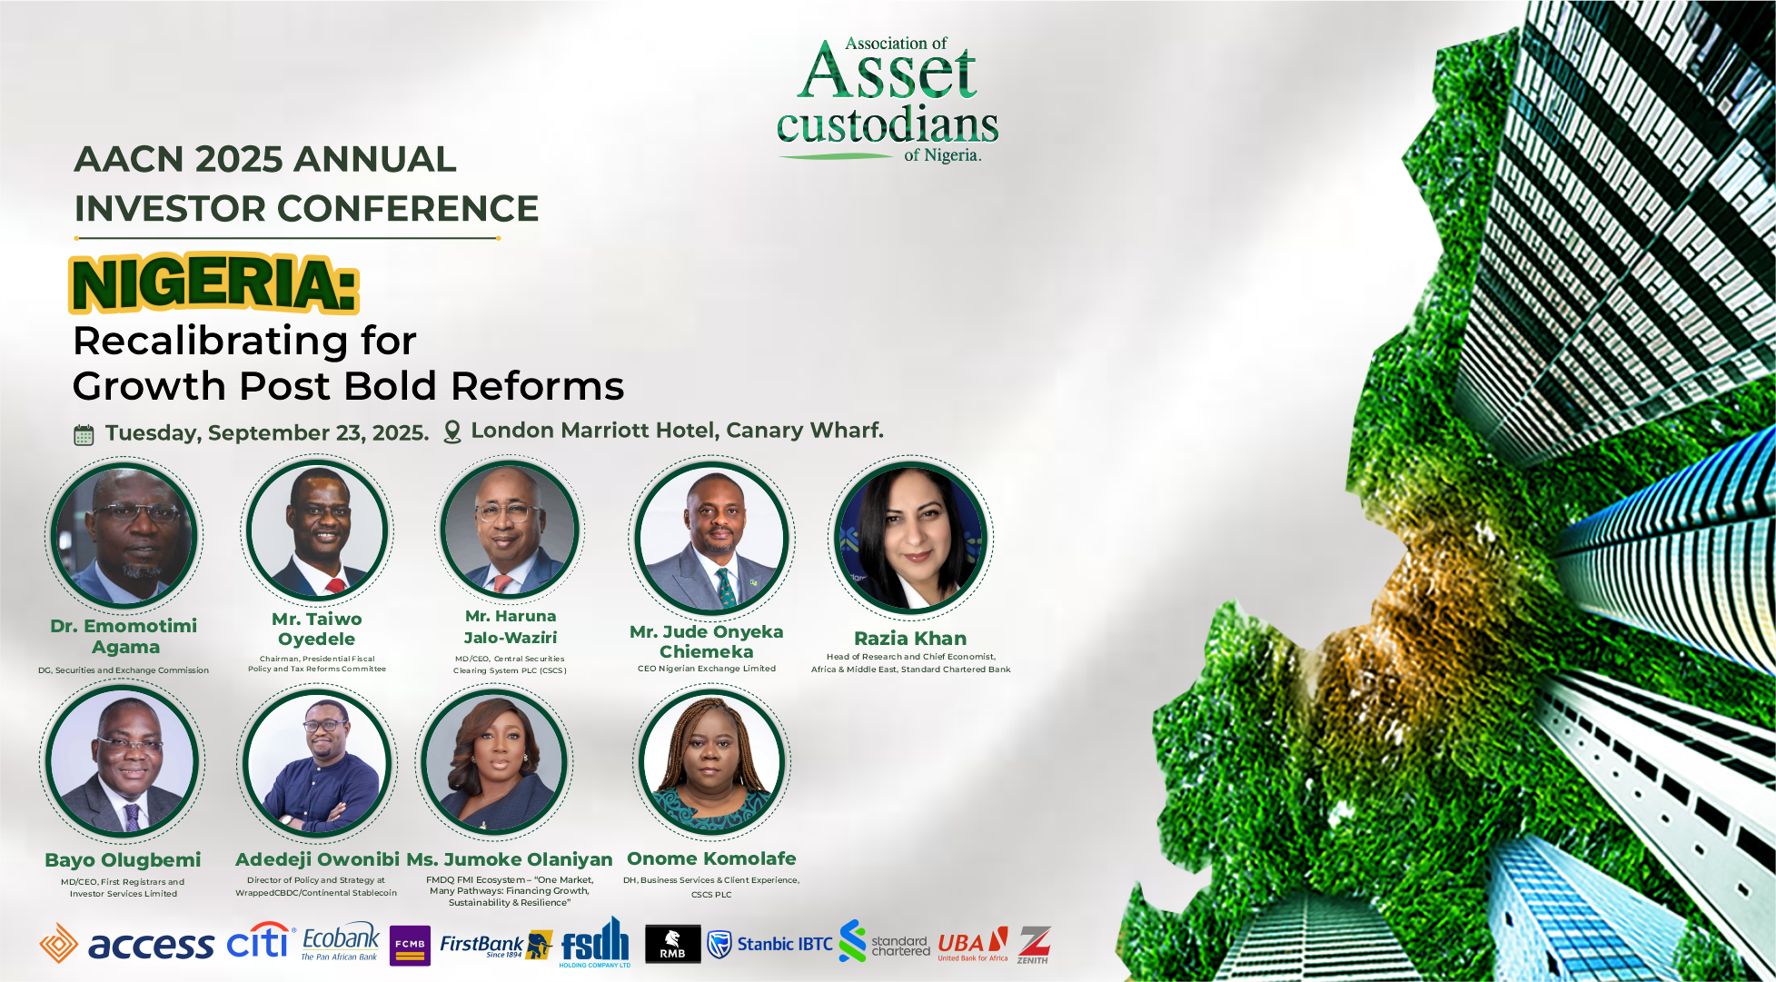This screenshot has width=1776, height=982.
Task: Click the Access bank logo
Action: (x=127, y=945)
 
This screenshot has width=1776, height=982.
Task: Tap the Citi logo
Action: (x=261, y=941)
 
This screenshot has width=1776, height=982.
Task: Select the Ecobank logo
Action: (x=341, y=943)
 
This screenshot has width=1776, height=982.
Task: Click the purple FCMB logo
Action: (x=410, y=946)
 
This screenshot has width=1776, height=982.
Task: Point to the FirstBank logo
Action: (x=496, y=945)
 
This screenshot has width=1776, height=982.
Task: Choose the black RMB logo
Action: (x=672, y=944)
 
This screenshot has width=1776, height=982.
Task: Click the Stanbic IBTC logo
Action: (x=769, y=945)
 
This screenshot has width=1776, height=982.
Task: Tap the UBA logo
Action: (x=973, y=945)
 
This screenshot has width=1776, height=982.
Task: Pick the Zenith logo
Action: (x=1034, y=945)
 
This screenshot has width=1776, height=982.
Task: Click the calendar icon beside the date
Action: (x=84, y=435)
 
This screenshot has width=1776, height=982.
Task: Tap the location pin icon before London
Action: (x=451, y=432)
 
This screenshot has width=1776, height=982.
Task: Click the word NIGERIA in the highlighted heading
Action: (x=214, y=284)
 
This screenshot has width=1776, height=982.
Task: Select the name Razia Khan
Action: (x=910, y=639)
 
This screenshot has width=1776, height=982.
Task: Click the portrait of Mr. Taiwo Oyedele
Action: (x=317, y=531)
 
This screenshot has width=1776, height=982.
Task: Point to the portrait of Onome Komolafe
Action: (x=711, y=761)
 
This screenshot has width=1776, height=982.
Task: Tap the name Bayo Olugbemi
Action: (x=123, y=860)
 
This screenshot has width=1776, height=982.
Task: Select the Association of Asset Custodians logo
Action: (x=888, y=100)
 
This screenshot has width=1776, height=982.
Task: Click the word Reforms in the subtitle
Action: (x=538, y=386)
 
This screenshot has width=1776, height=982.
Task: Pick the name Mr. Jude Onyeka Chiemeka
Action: (x=707, y=641)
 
